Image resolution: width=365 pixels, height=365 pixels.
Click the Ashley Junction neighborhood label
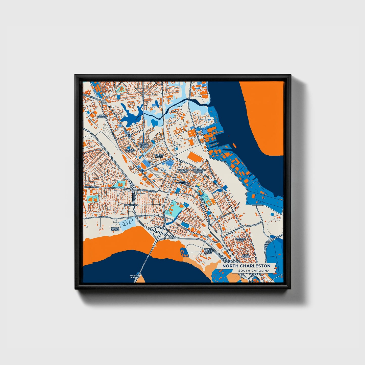pyautogui.click(x=103, y=116)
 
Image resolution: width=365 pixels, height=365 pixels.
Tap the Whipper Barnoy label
pyautogui.click(x=130, y=151)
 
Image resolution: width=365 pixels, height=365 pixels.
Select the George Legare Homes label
pyautogui.click(x=144, y=145)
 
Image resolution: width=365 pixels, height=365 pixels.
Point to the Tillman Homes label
pyautogui.click(x=159, y=156)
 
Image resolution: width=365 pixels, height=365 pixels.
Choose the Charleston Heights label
pyautogui.click(x=199, y=171)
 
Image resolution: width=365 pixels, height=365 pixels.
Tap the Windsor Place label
pyautogui.click(x=240, y=239)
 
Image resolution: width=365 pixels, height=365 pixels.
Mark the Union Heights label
pyautogui.click(x=246, y=256)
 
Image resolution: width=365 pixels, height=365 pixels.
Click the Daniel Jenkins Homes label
pyautogui.click(x=208, y=251)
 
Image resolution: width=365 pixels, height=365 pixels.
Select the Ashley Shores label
pyautogui.click(x=115, y=229)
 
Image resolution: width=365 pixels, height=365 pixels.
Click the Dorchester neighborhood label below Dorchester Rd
pyautogui.click(x=131, y=205)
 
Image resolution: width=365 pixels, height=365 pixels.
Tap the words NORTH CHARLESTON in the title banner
pyautogui.click(x=246, y=266)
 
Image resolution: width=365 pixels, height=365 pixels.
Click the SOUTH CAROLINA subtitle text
pyautogui.click(x=254, y=271)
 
